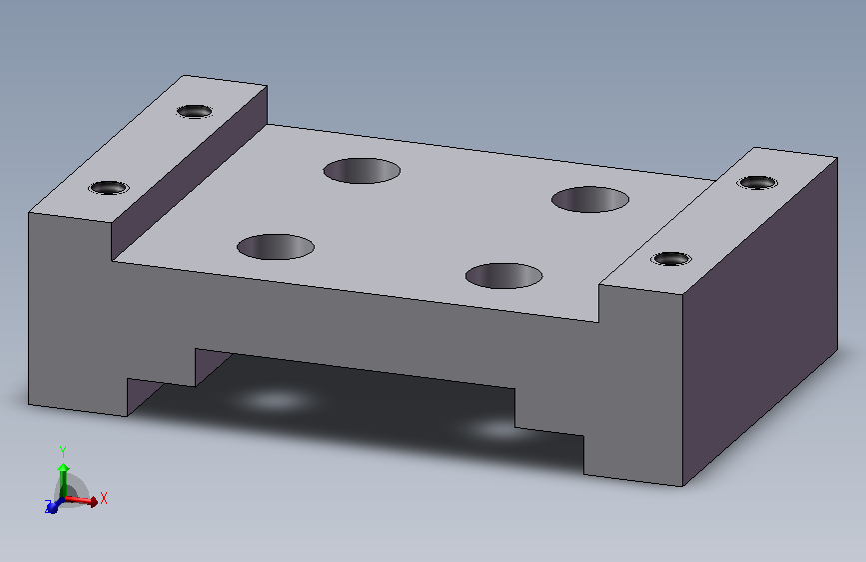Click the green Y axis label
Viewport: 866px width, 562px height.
click(x=63, y=452)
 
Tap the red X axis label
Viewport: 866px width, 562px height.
click(x=104, y=498)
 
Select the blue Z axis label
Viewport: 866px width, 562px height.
click(x=48, y=504)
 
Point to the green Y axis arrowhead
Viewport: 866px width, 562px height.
click(x=64, y=468)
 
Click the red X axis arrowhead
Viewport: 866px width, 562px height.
click(x=93, y=502)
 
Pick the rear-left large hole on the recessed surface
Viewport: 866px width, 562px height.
click(x=362, y=170)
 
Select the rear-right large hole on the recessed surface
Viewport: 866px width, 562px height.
click(x=590, y=199)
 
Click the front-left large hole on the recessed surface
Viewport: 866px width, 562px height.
click(x=276, y=247)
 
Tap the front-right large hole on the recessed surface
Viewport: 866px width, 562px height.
click(x=503, y=275)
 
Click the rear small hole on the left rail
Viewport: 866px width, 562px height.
click(x=195, y=111)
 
